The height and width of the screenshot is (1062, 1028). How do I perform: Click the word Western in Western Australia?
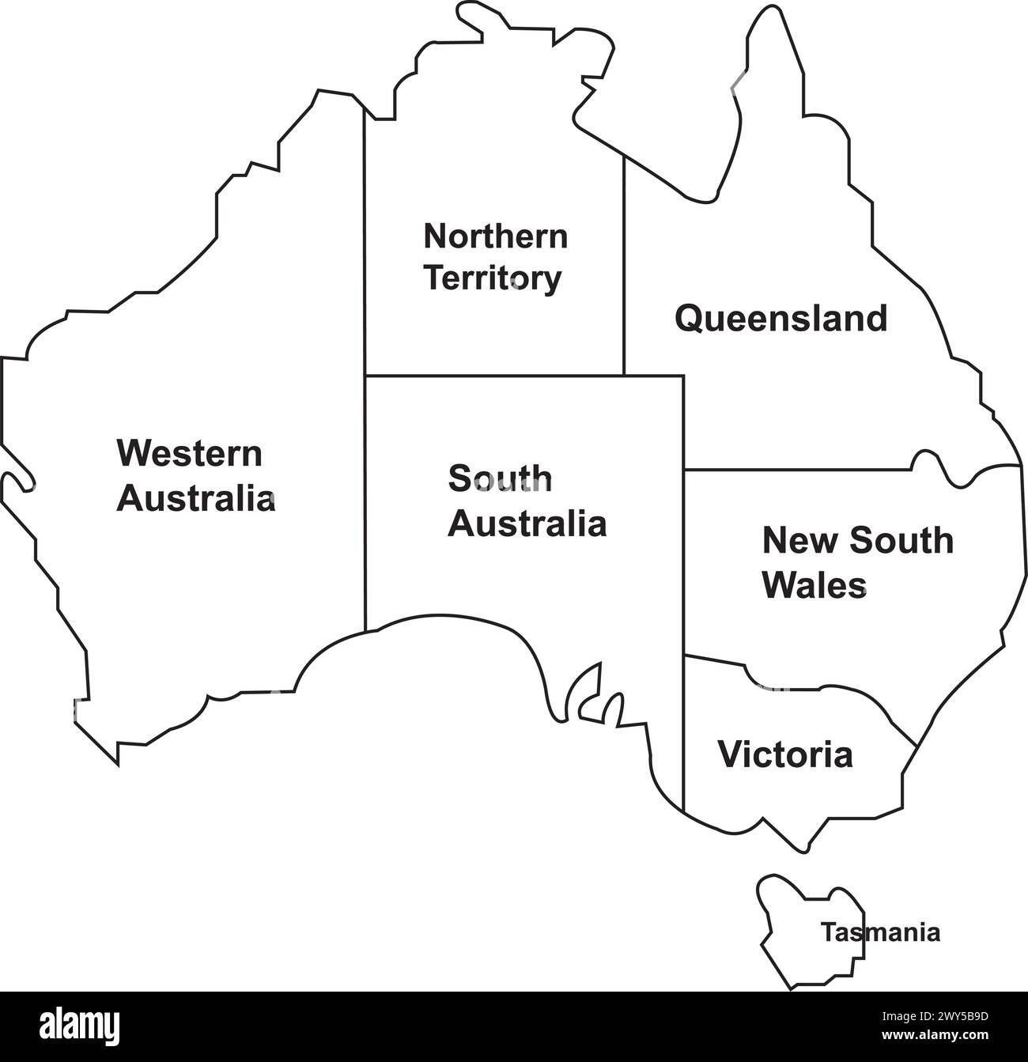pyautogui.click(x=189, y=454)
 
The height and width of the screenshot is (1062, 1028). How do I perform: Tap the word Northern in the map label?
pyautogui.click(x=495, y=236)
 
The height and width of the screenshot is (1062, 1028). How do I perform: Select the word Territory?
pyautogui.click(x=493, y=278)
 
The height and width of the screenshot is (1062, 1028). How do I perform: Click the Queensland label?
pyautogui.click(x=780, y=319)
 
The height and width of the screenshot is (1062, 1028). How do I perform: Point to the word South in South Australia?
pyautogui.click(x=500, y=478)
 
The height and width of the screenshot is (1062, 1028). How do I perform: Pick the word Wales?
pyautogui.click(x=814, y=586)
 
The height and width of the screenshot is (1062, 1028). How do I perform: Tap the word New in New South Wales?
pyautogui.click(x=792, y=541)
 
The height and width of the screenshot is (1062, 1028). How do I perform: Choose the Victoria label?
pyautogui.click(x=785, y=754)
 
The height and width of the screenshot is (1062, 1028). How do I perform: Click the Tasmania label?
pyautogui.click(x=880, y=933)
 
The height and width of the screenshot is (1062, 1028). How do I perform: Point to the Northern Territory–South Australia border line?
pyautogui.click(x=494, y=376)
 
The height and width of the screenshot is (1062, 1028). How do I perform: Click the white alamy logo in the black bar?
pyautogui.click(x=80, y=1026)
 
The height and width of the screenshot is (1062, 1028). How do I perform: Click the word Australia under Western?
pyautogui.click(x=196, y=500)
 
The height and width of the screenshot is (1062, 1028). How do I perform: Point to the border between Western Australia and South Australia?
pyautogui.click(x=365, y=506)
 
